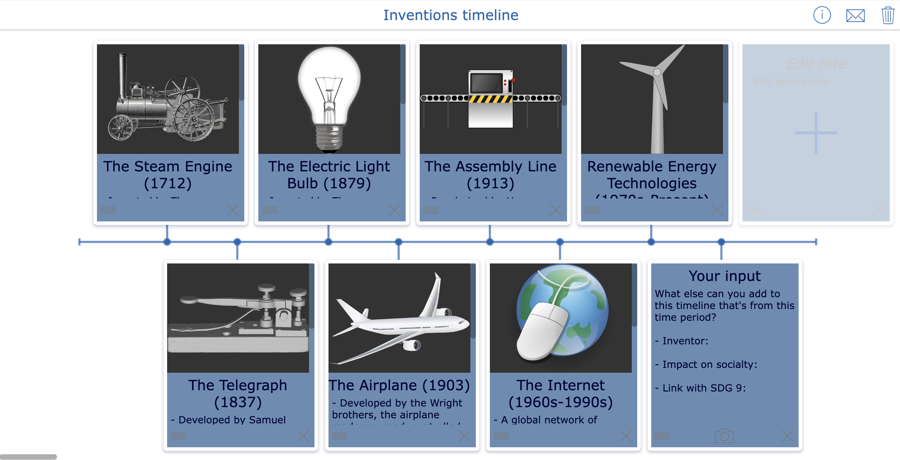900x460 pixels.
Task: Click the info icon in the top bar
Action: point(822,15)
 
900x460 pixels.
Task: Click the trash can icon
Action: point(888,15)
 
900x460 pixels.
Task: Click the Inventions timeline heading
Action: point(450,15)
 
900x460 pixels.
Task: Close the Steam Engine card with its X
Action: point(233,210)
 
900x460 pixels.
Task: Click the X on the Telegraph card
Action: point(303,436)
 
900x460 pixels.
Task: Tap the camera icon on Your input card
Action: point(724,436)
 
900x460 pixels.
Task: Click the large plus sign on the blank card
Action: point(816,133)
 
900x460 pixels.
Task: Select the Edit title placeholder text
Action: point(816,64)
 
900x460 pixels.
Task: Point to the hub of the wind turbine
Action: point(657,72)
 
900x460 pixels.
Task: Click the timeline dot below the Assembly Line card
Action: point(490,242)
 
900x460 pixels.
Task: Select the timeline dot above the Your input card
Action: point(721,242)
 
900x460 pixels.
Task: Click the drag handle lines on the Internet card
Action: point(501,436)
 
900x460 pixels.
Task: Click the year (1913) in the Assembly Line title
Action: point(490,183)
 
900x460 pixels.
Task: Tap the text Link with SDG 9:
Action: point(704,388)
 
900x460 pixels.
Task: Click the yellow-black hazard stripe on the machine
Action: point(490,99)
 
